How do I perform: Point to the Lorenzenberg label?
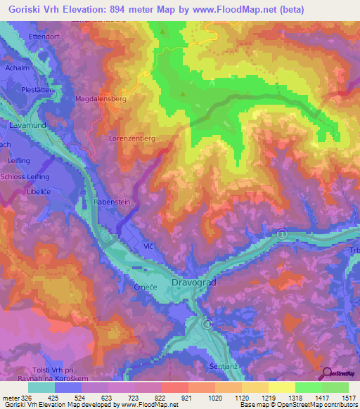tap(131, 138)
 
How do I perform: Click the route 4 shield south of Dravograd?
tap(207, 323)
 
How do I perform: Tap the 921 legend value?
tap(187, 398)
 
